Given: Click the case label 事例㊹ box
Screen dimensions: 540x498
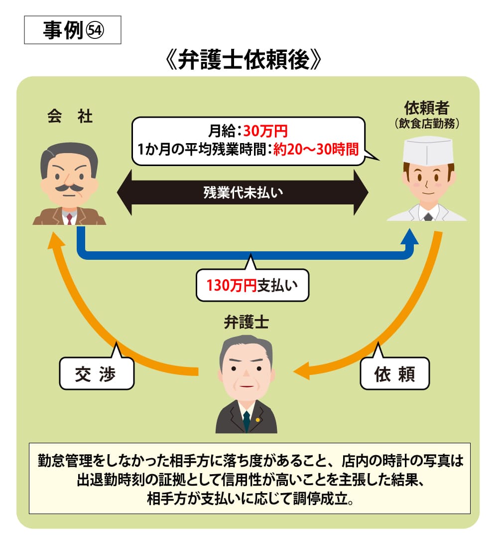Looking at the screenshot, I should (x=72, y=30).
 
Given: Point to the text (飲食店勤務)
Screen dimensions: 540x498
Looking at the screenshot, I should (x=427, y=123).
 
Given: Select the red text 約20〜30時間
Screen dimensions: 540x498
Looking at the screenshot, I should (x=317, y=149).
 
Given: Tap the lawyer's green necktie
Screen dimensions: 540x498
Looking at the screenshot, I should (x=246, y=422).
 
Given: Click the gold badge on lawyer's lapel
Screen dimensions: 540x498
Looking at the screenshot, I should (x=257, y=419).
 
